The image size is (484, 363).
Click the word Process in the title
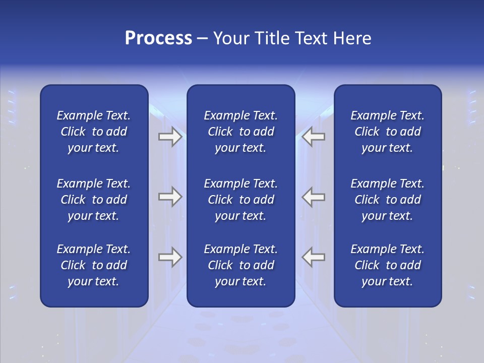tap(158, 38)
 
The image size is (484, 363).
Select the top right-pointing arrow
tap(170, 137)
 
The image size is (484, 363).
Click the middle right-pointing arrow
tap(170, 197)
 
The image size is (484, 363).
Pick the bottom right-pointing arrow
tap(170, 257)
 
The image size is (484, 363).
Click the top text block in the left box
tap(94, 132)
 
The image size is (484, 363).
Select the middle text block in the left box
tap(94, 200)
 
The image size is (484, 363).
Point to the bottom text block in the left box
tap(94, 265)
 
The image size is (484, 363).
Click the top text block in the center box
tap(240, 132)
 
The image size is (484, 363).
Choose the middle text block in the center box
tap(240, 200)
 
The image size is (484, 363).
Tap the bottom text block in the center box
tap(240, 265)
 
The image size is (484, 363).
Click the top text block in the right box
tap(387, 132)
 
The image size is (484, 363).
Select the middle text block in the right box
tap(387, 200)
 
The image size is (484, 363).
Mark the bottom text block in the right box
tap(387, 265)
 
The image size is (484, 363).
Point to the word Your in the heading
tap(230, 38)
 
